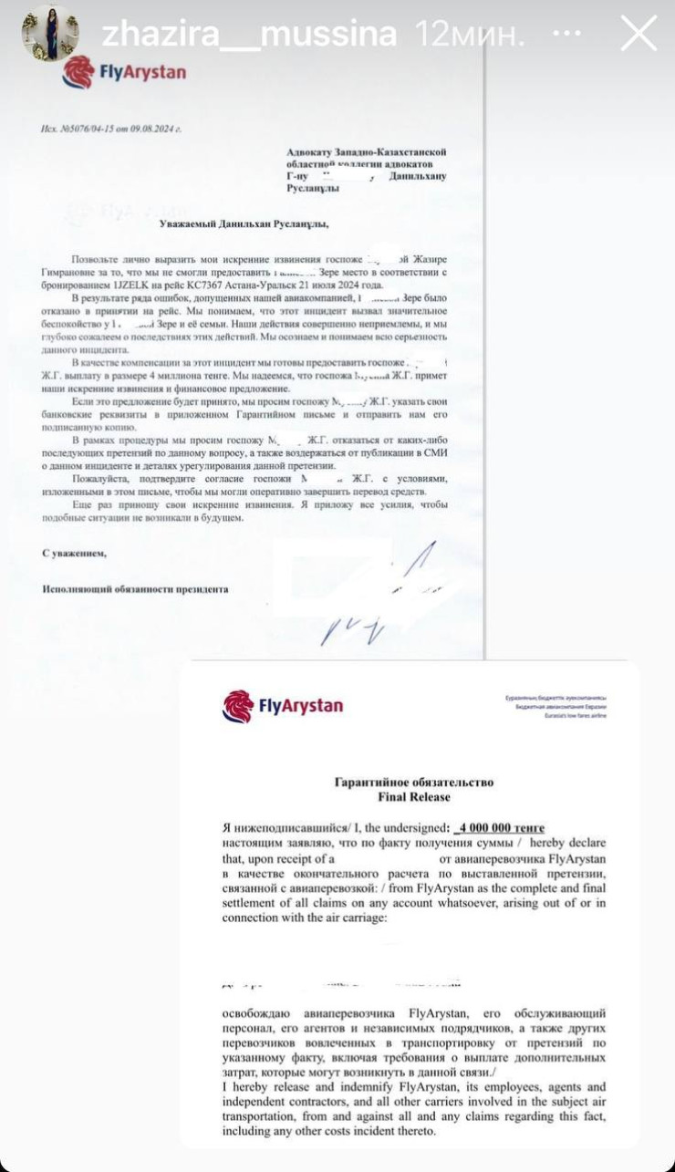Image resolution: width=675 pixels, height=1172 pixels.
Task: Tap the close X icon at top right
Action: point(638,34)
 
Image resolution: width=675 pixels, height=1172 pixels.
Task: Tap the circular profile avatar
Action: point(50,33)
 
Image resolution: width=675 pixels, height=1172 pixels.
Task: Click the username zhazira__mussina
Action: point(249,34)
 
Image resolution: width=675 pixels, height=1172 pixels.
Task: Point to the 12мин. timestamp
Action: point(471,34)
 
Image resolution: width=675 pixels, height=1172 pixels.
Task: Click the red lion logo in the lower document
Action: point(238,706)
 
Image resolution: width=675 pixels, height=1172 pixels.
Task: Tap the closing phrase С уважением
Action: point(75,553)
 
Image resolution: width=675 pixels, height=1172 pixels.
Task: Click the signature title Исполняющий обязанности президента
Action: point(136,589)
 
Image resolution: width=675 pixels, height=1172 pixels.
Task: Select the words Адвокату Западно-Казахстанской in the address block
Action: point(366,152)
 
